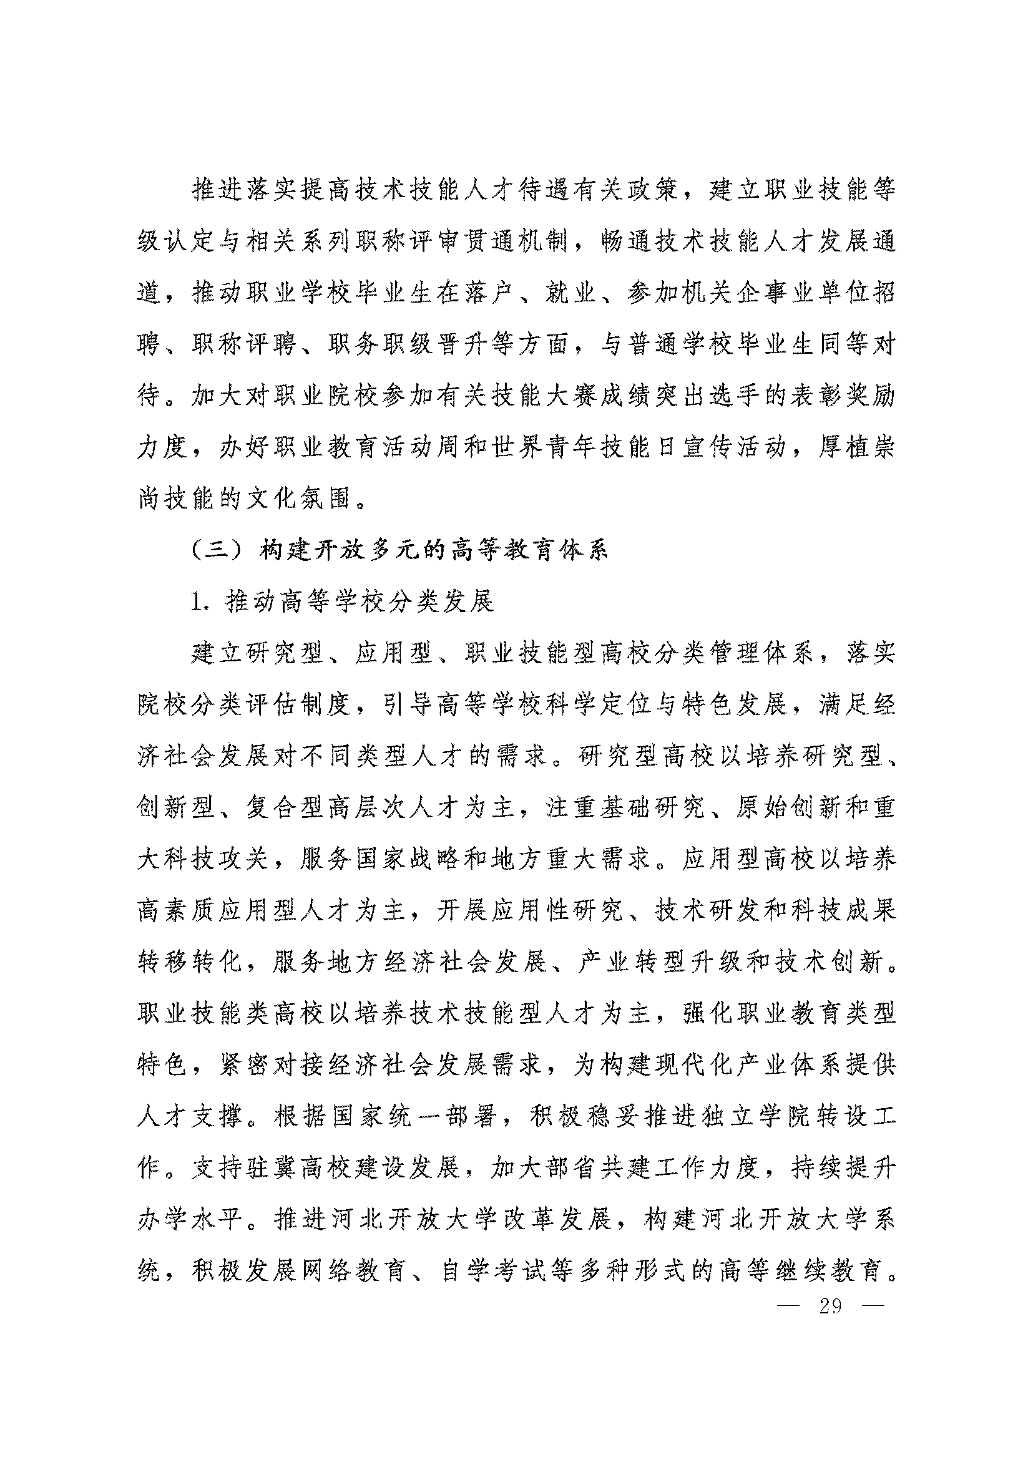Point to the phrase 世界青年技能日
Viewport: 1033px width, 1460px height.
coord(573,449)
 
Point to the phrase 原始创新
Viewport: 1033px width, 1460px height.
coord(788,809)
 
